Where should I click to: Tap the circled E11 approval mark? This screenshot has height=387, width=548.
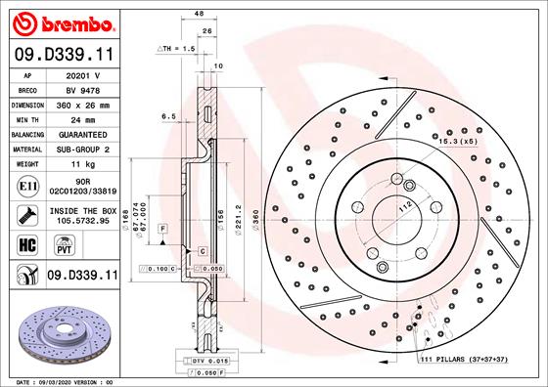coord(26,184)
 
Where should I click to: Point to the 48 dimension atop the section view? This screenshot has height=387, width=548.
coord(199,13)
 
